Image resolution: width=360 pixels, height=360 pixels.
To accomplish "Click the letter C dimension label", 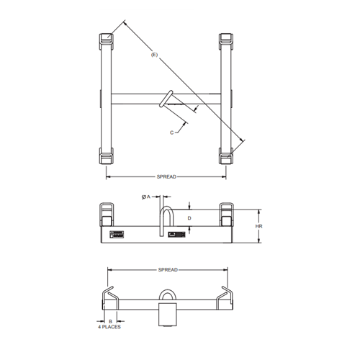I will tap(173, 132).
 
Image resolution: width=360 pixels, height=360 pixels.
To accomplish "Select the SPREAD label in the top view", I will tap(166, 176).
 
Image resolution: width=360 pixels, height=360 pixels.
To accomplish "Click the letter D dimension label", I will tap(189, 217).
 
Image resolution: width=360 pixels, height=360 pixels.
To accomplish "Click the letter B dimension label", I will tap(110, 321).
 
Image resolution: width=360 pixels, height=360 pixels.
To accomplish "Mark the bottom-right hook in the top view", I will tap(225, 156).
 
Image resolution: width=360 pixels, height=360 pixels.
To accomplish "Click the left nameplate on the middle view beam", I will tap(118, 234).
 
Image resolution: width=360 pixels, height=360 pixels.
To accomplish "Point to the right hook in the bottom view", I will tap(225, 295).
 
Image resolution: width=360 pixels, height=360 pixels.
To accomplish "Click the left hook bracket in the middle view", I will tap(107, 213).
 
